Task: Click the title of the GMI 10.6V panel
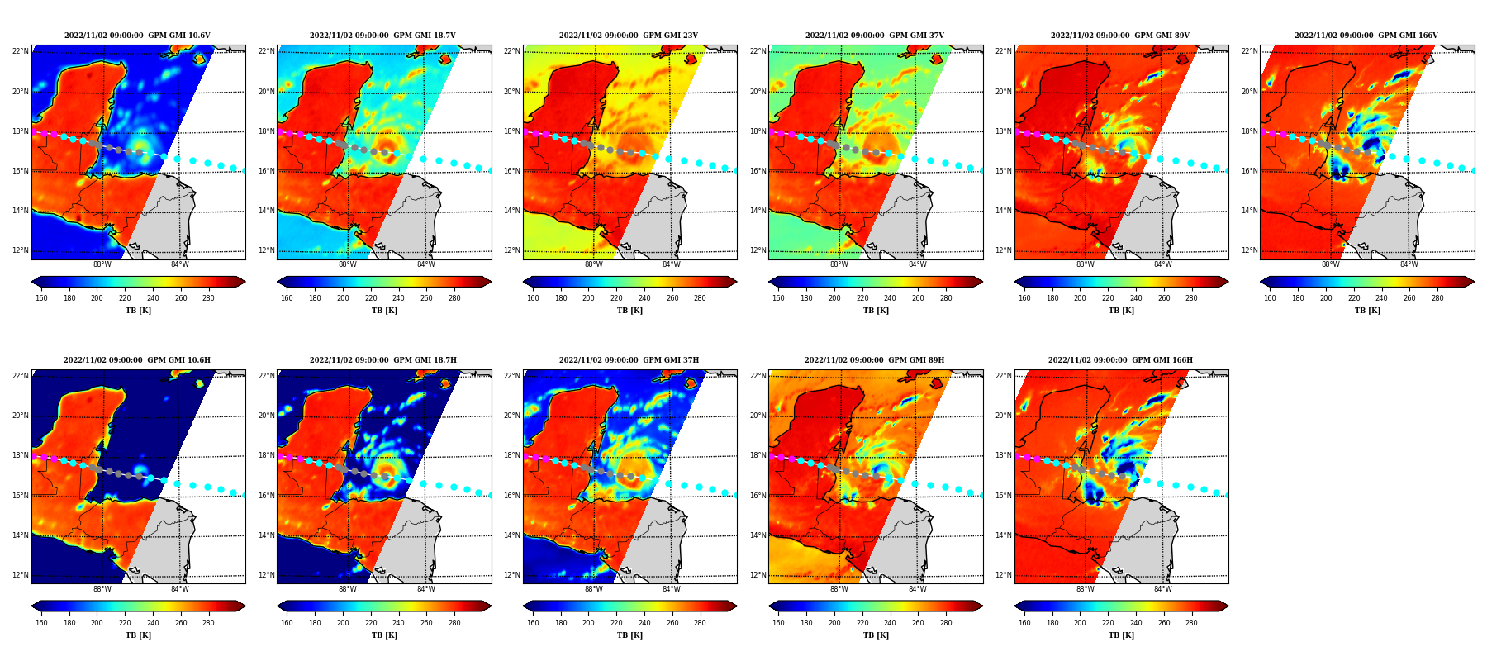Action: (x=137, y=36)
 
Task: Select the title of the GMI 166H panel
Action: (x=1120, y=360)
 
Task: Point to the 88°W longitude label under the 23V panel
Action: (x=594, y=264)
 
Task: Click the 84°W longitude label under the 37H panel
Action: (x=672, y=589)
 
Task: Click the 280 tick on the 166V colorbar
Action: (x=1437, y=298)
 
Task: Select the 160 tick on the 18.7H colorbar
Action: (x=287, y=623)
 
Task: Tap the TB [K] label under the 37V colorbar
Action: (x=876, y=311)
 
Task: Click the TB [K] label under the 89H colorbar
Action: (x=876, y=635)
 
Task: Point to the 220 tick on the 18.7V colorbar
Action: (x=371, y=298)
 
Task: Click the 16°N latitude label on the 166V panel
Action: (x=1249, y=171)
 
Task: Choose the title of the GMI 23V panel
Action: (x=629, y=36)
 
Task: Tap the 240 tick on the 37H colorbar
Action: (x=644, y=623)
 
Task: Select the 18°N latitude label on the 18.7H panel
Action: (x=266, y=455)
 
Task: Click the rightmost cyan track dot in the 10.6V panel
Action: (x=245, y=170)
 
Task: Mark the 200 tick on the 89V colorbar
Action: (x=1081, y=298)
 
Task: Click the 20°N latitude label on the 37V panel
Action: (x=758, y=92)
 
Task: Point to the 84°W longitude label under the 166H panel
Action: (x=1163, y=589)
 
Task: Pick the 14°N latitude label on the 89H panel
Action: (x=758, y=535)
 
